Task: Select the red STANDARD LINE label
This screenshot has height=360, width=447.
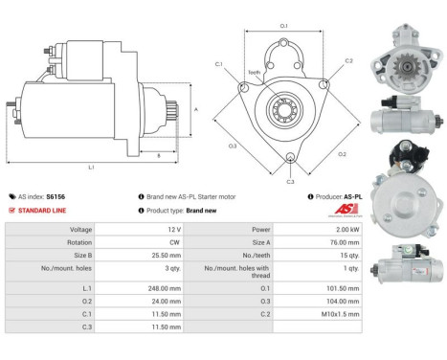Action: [41, 210]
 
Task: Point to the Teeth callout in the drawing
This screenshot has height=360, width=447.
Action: [253, 73]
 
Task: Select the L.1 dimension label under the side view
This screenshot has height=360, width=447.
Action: [91, 168]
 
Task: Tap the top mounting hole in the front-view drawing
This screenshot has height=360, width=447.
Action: [284, 45]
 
